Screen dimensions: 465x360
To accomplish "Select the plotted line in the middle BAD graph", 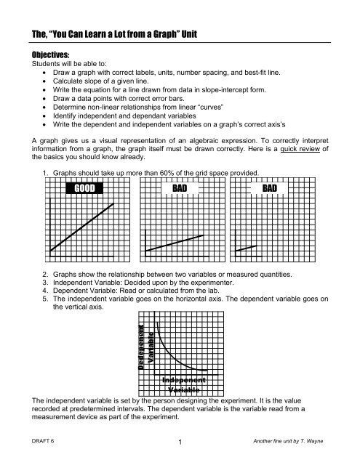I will [174, 243].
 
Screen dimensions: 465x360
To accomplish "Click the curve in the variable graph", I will [175, 349].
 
